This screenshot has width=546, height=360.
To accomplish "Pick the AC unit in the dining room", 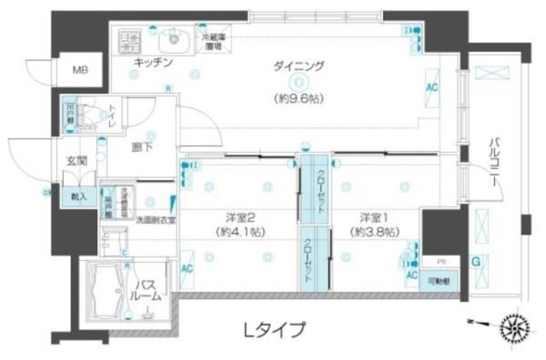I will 432,88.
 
